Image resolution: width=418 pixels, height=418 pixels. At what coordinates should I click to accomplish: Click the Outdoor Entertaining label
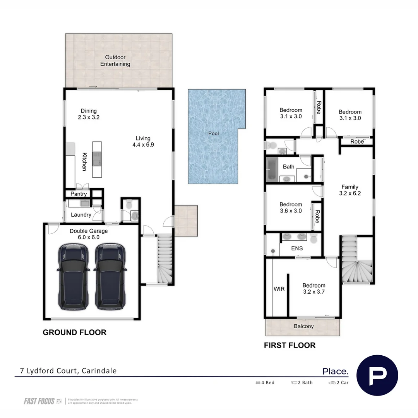click(x=115, y=61)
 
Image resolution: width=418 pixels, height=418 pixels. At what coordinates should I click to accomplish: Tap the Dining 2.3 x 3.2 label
click(x=89, y=114)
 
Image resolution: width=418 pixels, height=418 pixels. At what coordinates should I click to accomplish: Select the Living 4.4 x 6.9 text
click(x=143, y=142)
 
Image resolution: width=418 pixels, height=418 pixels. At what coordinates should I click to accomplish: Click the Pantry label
click(x=79, y=194)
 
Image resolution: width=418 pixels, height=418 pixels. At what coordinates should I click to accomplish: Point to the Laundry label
click(x=81, y=214)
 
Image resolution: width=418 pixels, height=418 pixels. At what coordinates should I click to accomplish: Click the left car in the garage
click(x=72, y=277)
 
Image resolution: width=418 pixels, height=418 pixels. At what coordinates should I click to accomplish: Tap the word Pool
click(x=213, y=134)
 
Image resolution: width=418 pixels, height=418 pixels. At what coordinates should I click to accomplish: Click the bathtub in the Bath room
click(x=271, y=169)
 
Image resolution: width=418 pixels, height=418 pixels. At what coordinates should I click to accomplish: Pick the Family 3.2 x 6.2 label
click(x=349, y=190)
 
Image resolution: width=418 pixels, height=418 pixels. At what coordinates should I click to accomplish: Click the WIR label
click(x=279, y=289)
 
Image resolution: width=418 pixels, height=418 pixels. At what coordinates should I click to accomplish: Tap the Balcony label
click(x=303, y=326)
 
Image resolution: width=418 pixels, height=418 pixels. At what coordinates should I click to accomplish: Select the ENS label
click(x=297, y=248)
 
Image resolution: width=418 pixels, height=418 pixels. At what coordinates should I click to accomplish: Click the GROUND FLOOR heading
click(x=74, y=332)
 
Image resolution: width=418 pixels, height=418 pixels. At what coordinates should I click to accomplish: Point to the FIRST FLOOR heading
click(x=290, y=345)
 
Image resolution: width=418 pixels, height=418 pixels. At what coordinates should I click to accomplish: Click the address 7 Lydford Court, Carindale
click(x=68, y=370)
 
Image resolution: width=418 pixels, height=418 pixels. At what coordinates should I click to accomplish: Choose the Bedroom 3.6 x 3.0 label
click(x=291, y=207)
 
